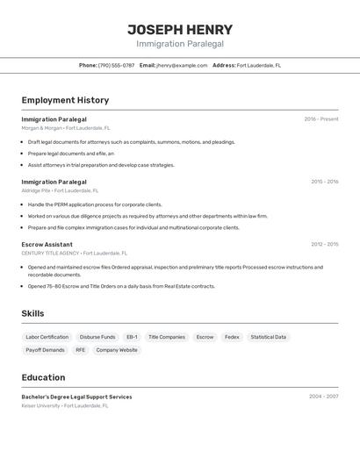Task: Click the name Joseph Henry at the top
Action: click(x=180, y=29)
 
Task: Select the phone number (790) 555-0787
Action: click(x=116, y=65)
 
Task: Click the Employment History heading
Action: click(x=65, y=100)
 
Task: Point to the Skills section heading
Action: click(x=32, y=313)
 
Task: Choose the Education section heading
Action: click(x=43, y=377)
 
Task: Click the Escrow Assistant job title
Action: click(x=47, y=244)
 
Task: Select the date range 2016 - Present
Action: click(x=320, y=119)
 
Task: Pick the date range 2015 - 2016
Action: click(x=324, y=182)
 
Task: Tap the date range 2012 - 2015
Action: click(x=324, y=244)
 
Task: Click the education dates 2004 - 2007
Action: click(x=323, y=397)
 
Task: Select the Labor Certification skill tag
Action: click(x=47, y=337)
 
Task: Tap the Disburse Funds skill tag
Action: click(x=97, y=337)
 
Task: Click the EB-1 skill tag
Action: click(x=132, y=337)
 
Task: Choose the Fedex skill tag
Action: click(x=232, y=337)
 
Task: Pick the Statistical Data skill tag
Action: click(x=268, y=337)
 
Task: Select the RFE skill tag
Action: click(x=81, y=350)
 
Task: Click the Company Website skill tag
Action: click(x=117, y=350)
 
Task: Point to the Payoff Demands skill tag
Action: click(x=45, y=350)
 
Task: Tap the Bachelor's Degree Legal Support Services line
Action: click(x=76, y=397)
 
